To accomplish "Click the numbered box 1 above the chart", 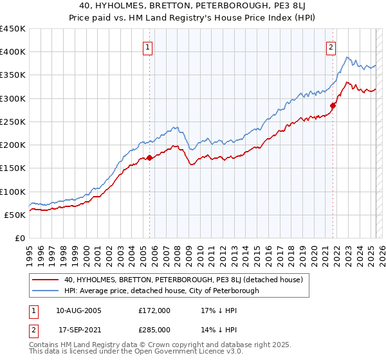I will tap(148, 46).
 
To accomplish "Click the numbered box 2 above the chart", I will tap(331, 46).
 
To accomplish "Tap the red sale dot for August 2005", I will tap(149, 157).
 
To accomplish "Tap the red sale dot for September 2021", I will tap(333, 105).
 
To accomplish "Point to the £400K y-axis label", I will tap(13, 52).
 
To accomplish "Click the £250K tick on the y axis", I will tap(13, 122).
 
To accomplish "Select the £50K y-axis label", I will tap(15, 215).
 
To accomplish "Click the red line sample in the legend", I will tap(45, 280).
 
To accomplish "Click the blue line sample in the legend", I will tap(45, 291).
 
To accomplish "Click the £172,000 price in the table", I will tap(155, 310).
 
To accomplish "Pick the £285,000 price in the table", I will tap(155, 329).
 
